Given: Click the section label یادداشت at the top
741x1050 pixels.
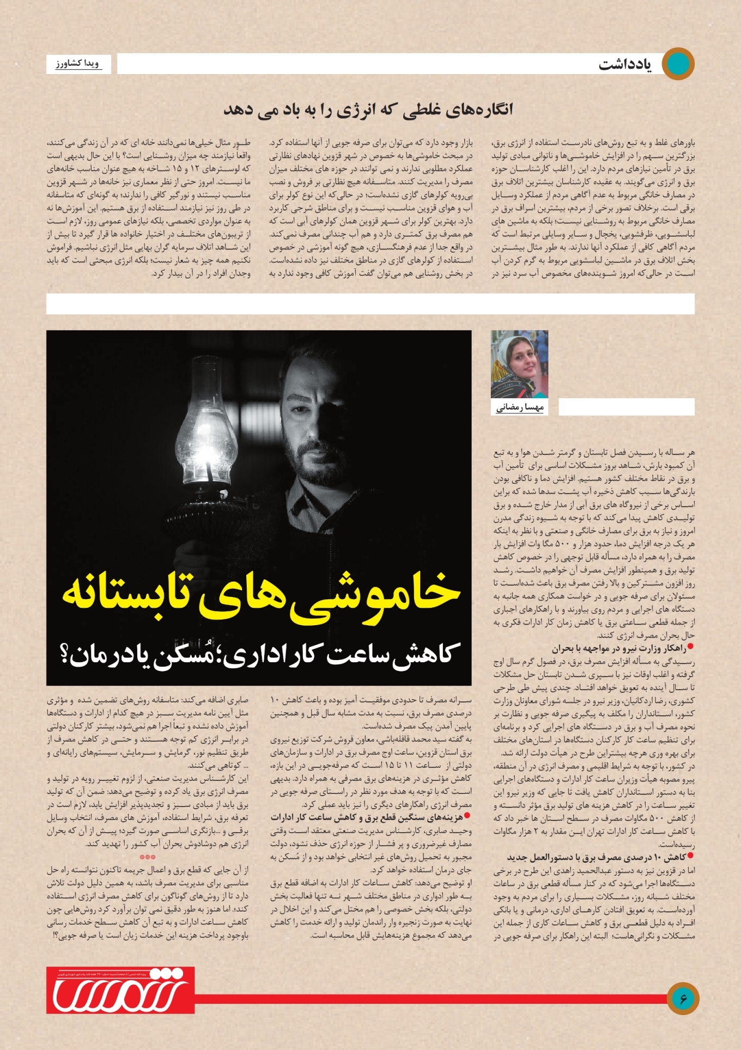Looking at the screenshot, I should (x=624, y=64).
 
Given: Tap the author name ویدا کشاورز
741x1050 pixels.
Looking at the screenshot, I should (x=77, y=64).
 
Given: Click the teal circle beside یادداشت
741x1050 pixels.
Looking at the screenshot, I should (x=678, y=64).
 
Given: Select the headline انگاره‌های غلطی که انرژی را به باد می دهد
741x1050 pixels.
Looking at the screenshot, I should (x=368, y=109).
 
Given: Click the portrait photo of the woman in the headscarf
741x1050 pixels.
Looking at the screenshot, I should (x=519, y=364).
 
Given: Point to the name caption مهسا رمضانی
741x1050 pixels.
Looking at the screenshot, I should (x=519, y=407).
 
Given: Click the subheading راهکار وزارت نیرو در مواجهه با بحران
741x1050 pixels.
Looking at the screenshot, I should (x=618, y=648).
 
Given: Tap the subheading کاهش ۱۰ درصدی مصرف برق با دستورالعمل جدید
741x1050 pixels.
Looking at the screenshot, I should (x=596, y=857).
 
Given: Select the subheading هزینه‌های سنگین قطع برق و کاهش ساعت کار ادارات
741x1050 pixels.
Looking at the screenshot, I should (x=367, y=817).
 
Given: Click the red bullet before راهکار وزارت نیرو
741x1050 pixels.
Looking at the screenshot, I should (x=690, y=647).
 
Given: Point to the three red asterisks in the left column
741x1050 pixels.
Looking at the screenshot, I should (x=148, y=857).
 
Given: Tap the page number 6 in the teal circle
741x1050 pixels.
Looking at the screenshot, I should (x=683, y=998).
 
